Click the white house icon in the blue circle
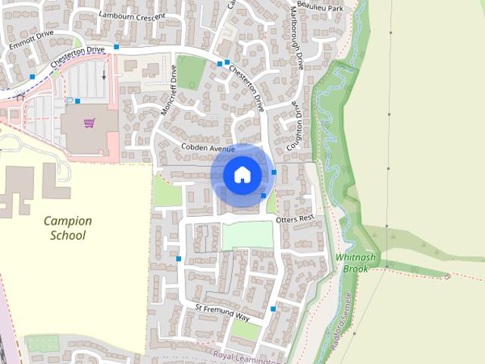(x=242, y=174)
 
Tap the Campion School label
(x=67, y=228)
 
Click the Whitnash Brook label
(x=355, y=263)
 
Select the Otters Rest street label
(x=295, y=218)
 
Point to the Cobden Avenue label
(x=208, y=147)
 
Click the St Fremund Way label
(x=222, y=312)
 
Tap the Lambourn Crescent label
(x=126, y=15)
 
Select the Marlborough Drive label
(x=297, y=38)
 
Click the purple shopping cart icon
(x=89, y=123)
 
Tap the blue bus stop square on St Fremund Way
(x=273, y=309)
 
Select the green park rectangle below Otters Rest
(x=247, y=235)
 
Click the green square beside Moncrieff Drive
(x=191, y=72)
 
